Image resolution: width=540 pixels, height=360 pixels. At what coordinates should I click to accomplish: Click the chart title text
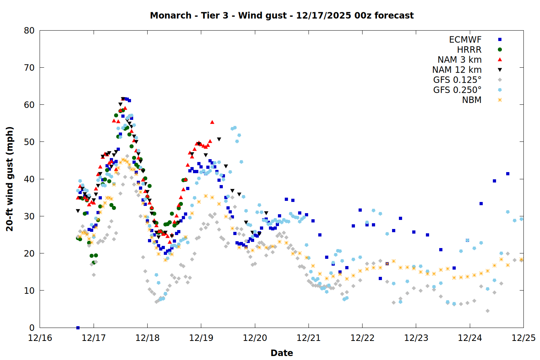(282, 15)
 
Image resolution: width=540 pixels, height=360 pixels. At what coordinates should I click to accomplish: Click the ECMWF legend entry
(465, 40)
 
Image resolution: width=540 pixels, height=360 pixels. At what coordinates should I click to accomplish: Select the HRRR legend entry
(469, 50)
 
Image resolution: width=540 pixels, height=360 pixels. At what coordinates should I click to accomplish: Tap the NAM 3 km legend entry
(459, 60)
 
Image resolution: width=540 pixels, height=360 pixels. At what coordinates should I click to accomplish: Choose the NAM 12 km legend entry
(457, 70)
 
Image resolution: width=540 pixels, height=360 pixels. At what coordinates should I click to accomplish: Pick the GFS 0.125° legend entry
(457, 80)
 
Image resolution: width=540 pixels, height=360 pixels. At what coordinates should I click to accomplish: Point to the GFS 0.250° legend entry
(457, 90)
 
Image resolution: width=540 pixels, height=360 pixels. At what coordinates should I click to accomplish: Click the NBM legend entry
(472, 100)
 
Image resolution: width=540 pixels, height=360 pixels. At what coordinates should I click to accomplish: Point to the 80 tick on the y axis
(29, 31)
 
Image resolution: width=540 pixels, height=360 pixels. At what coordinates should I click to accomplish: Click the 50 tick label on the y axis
(29, 142)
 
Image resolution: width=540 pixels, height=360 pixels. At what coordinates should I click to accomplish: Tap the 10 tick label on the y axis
(29, 291)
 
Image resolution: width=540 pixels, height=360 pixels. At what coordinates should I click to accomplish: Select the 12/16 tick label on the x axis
(40, 338)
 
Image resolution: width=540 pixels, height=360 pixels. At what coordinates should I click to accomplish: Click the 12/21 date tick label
(309, 338)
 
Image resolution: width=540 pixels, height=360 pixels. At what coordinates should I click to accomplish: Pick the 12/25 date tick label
(523, 338)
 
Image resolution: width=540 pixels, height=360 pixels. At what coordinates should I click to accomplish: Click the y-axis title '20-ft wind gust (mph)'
(10, 179)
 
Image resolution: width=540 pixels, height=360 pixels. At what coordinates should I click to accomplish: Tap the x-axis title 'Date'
(282, 353)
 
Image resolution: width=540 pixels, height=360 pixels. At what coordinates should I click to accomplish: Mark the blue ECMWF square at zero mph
(78, 328)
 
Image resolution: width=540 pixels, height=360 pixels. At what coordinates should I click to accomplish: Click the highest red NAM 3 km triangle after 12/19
(212, 122)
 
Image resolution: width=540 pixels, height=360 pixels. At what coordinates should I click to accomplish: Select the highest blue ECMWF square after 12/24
(508, 174)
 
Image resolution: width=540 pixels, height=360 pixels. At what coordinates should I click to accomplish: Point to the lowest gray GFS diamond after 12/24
(487, 311)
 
